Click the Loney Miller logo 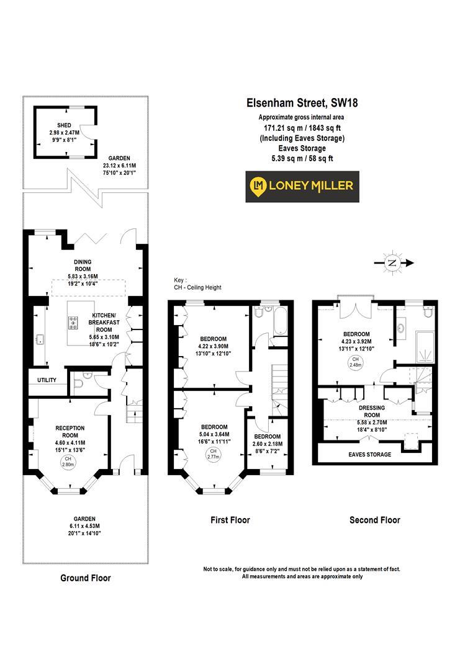[x=301, y=185]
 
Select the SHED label [x=65, y=124]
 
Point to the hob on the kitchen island [x=73, y=322]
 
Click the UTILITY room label [x=47, y=380]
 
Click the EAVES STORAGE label [x=369, y=454]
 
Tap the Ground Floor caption [x=86, y=578]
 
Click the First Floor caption [x=229, y=520]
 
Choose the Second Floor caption [x=374, y=520]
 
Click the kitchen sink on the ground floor [x=41, y=339]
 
